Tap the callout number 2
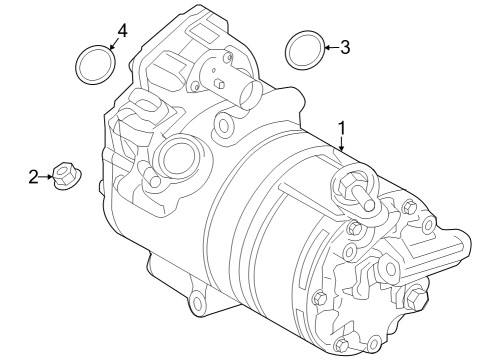pos(33,177)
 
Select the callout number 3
pos(345,46)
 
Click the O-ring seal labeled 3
pos(303,48)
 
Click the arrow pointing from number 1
pos(341,146)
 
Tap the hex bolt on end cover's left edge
pos(317,298)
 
